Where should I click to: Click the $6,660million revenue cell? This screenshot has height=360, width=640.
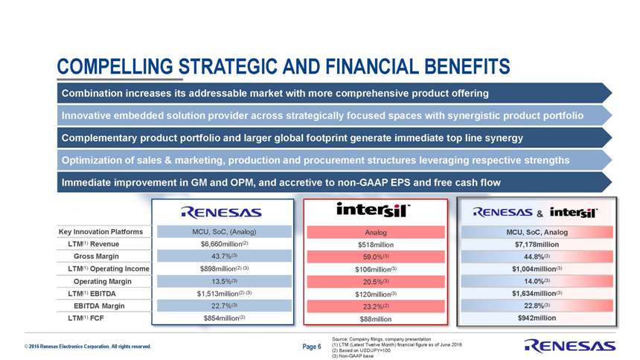[x=224, y=244]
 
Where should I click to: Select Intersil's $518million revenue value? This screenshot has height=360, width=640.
[x=376, y=245]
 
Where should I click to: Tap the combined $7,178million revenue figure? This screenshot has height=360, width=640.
[x=537, y=245]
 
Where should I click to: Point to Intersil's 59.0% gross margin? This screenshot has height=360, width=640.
[x=376, y=257]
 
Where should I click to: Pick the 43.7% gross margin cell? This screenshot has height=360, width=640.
[x=224, y=257]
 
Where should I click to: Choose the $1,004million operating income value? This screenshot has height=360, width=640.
[x=537, y=269]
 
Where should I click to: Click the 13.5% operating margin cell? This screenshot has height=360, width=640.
[x=224, y=281]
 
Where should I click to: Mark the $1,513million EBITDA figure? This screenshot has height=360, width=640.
[x=224, y=294]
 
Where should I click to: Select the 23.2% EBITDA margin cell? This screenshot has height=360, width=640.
[x=376, y=306]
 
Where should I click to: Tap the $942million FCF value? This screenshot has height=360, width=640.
[x=537, y=318]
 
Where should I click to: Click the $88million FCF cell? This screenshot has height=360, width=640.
[x=376, y=319]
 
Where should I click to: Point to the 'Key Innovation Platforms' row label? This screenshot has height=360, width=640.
[x=100, y=232]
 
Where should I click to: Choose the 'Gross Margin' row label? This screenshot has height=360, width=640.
[x=96, y=257]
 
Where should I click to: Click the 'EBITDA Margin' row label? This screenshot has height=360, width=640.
[x=99, y=306]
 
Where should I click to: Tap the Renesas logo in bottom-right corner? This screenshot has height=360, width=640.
[x=569, y=346]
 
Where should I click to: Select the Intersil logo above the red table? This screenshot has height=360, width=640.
[x=373, y=210]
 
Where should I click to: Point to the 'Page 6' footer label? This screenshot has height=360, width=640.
[x=311, y=347]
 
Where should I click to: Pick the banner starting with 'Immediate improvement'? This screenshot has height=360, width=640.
[x=334, y=182]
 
